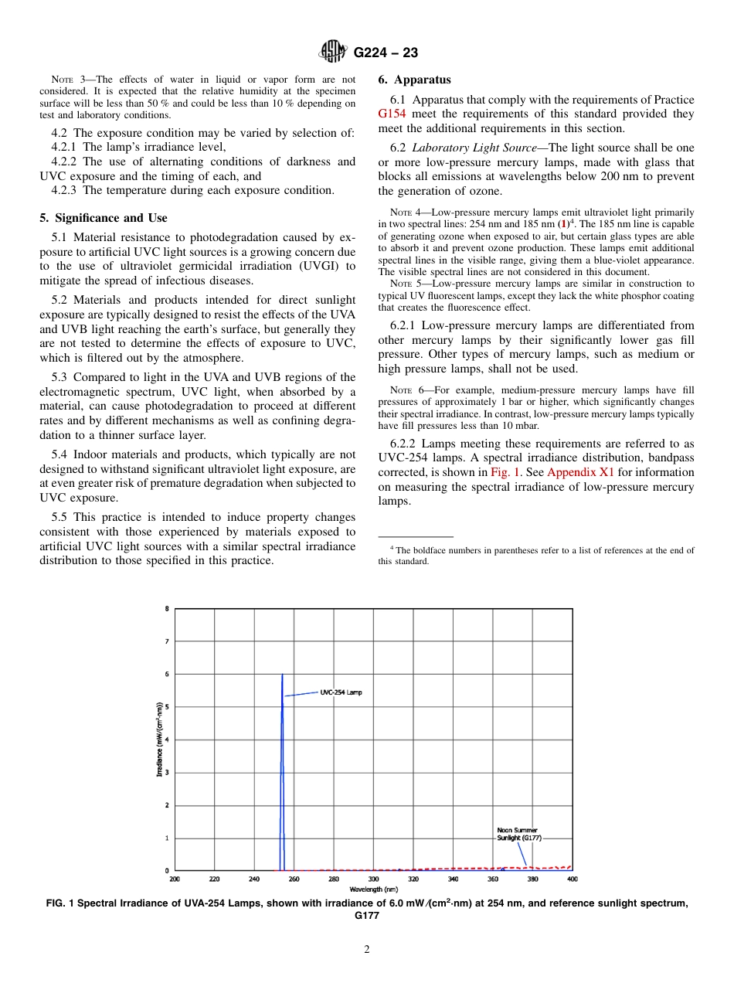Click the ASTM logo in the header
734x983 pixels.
(334, 53)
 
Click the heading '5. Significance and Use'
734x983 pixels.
(104, 218)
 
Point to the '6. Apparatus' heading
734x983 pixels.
(414, 80)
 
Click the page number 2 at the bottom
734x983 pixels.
(367, 950)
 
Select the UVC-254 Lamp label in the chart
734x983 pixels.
(341, 692)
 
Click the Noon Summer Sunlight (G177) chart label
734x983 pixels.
(518, 834)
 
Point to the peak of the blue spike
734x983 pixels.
(282, 675)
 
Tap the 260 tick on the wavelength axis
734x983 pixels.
(294, 879)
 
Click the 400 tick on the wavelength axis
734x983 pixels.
(572, 879)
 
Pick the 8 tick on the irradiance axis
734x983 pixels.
(167, 609)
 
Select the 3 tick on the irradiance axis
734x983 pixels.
(167, 773)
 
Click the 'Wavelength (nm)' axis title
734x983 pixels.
(373, 889)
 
